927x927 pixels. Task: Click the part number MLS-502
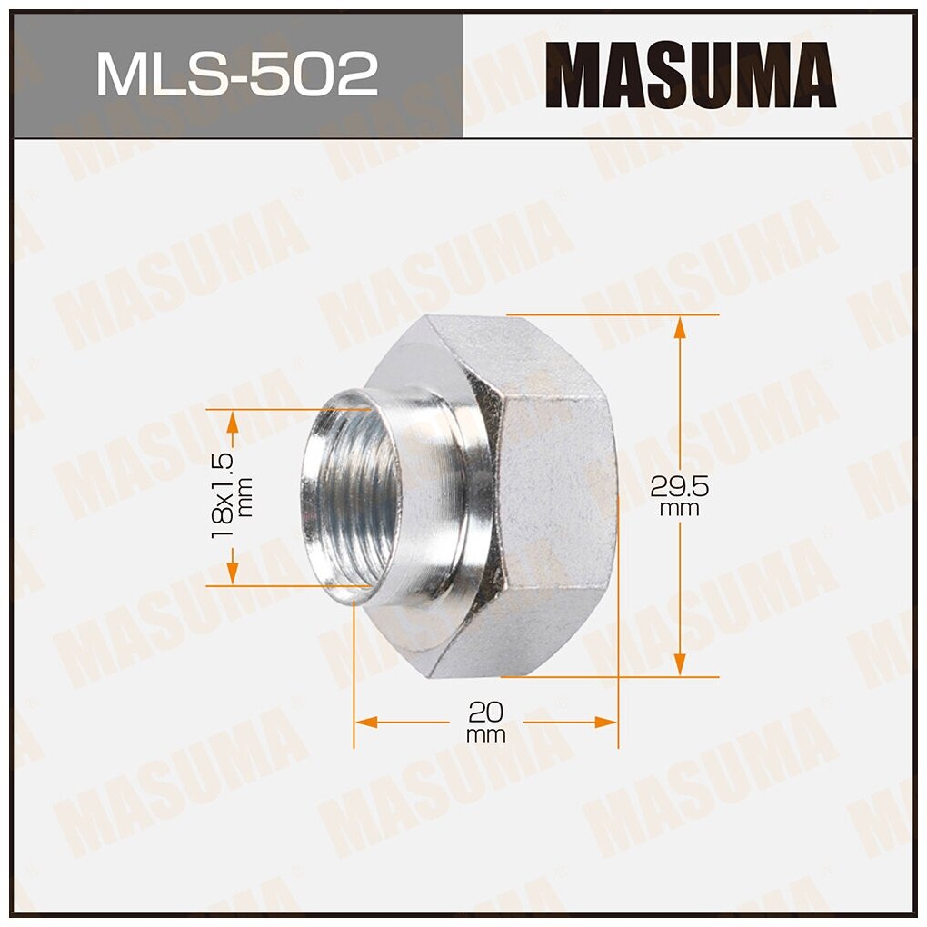pos(236,75)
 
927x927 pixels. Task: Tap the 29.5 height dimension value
pos(679,486)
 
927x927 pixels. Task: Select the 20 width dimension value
pos(486,710)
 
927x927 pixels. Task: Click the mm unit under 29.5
pos(679,509)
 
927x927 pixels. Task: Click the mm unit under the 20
pos(486,735)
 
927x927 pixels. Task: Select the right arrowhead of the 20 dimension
pos(606,722)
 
